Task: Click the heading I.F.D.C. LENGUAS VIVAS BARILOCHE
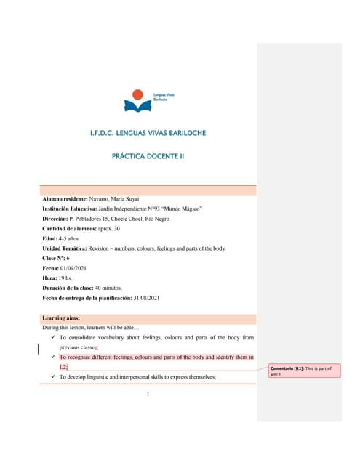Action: [x=148, y=134]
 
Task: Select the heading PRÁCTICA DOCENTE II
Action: [x=148, y=156]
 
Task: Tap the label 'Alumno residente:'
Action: [x=65, y=200]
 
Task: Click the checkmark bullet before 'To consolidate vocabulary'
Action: [x=53, y=338]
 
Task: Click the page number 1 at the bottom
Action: [x=147, y=395]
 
